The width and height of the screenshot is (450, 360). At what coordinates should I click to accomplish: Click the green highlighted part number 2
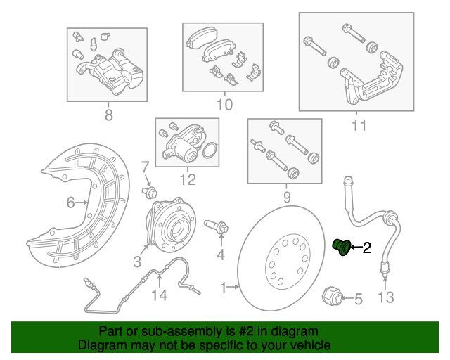342,247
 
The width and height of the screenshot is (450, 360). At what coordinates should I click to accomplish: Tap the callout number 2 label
366,247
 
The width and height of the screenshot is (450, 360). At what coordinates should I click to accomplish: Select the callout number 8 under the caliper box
108,115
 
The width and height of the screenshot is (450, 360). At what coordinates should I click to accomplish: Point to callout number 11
359,127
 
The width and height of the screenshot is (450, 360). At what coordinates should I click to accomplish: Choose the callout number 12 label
187,179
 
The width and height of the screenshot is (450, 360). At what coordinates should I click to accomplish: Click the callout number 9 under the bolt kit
286,198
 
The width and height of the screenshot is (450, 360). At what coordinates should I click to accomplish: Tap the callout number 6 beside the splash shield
71,203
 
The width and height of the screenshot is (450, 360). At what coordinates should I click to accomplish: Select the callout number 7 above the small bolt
145,167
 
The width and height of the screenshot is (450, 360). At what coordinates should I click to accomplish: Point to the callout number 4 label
221,254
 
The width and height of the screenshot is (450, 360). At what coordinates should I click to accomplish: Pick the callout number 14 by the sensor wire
160,295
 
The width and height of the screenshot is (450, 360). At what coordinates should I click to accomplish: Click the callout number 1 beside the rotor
224,288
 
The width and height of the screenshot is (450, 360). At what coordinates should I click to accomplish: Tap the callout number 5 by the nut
358,300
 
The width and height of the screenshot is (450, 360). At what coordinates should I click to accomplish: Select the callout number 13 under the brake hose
386,297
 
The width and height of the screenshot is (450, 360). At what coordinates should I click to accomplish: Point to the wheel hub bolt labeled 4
216,226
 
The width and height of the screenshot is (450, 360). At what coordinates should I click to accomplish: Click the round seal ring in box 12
209,150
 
